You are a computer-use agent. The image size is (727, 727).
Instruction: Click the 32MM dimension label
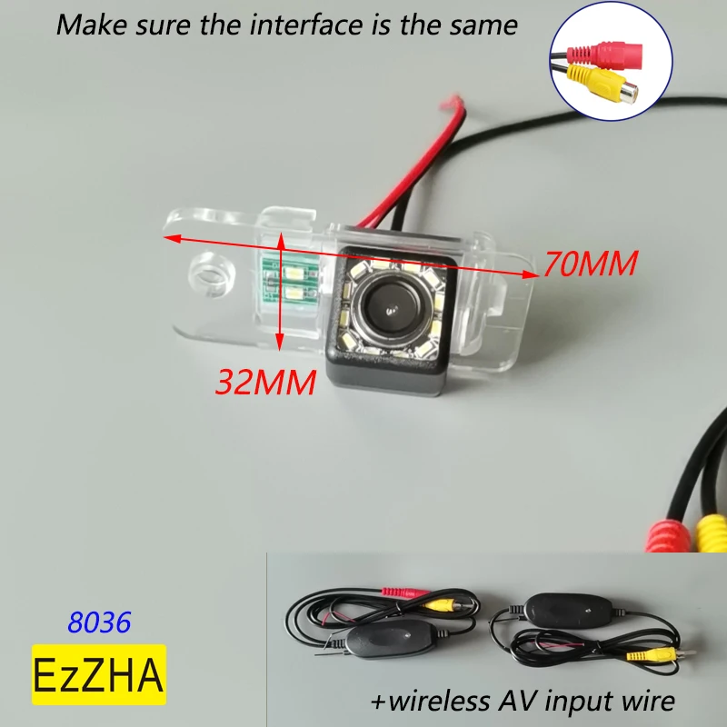click(x=264, y=382)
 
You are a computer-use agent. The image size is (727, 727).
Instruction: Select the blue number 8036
click(x=100, y=622)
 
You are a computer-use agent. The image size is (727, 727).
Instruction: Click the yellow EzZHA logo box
click(x=100, y=674)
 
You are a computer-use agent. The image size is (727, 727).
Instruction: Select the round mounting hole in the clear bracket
click(x=209, y=273)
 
